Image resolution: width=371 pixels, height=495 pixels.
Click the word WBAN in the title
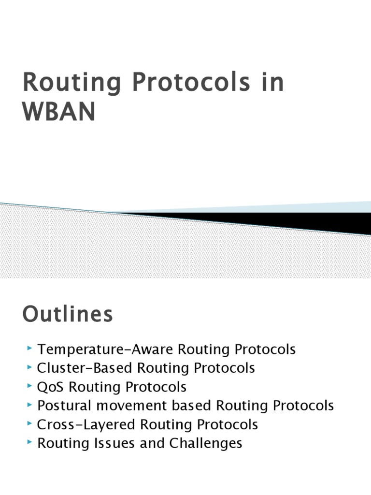(59, 111)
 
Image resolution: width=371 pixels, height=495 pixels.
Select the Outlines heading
(68, 315)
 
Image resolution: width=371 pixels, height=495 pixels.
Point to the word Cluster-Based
(85, 368)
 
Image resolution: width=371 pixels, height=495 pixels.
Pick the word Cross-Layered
(87, 424)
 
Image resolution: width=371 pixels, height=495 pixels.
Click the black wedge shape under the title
(290, 220)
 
